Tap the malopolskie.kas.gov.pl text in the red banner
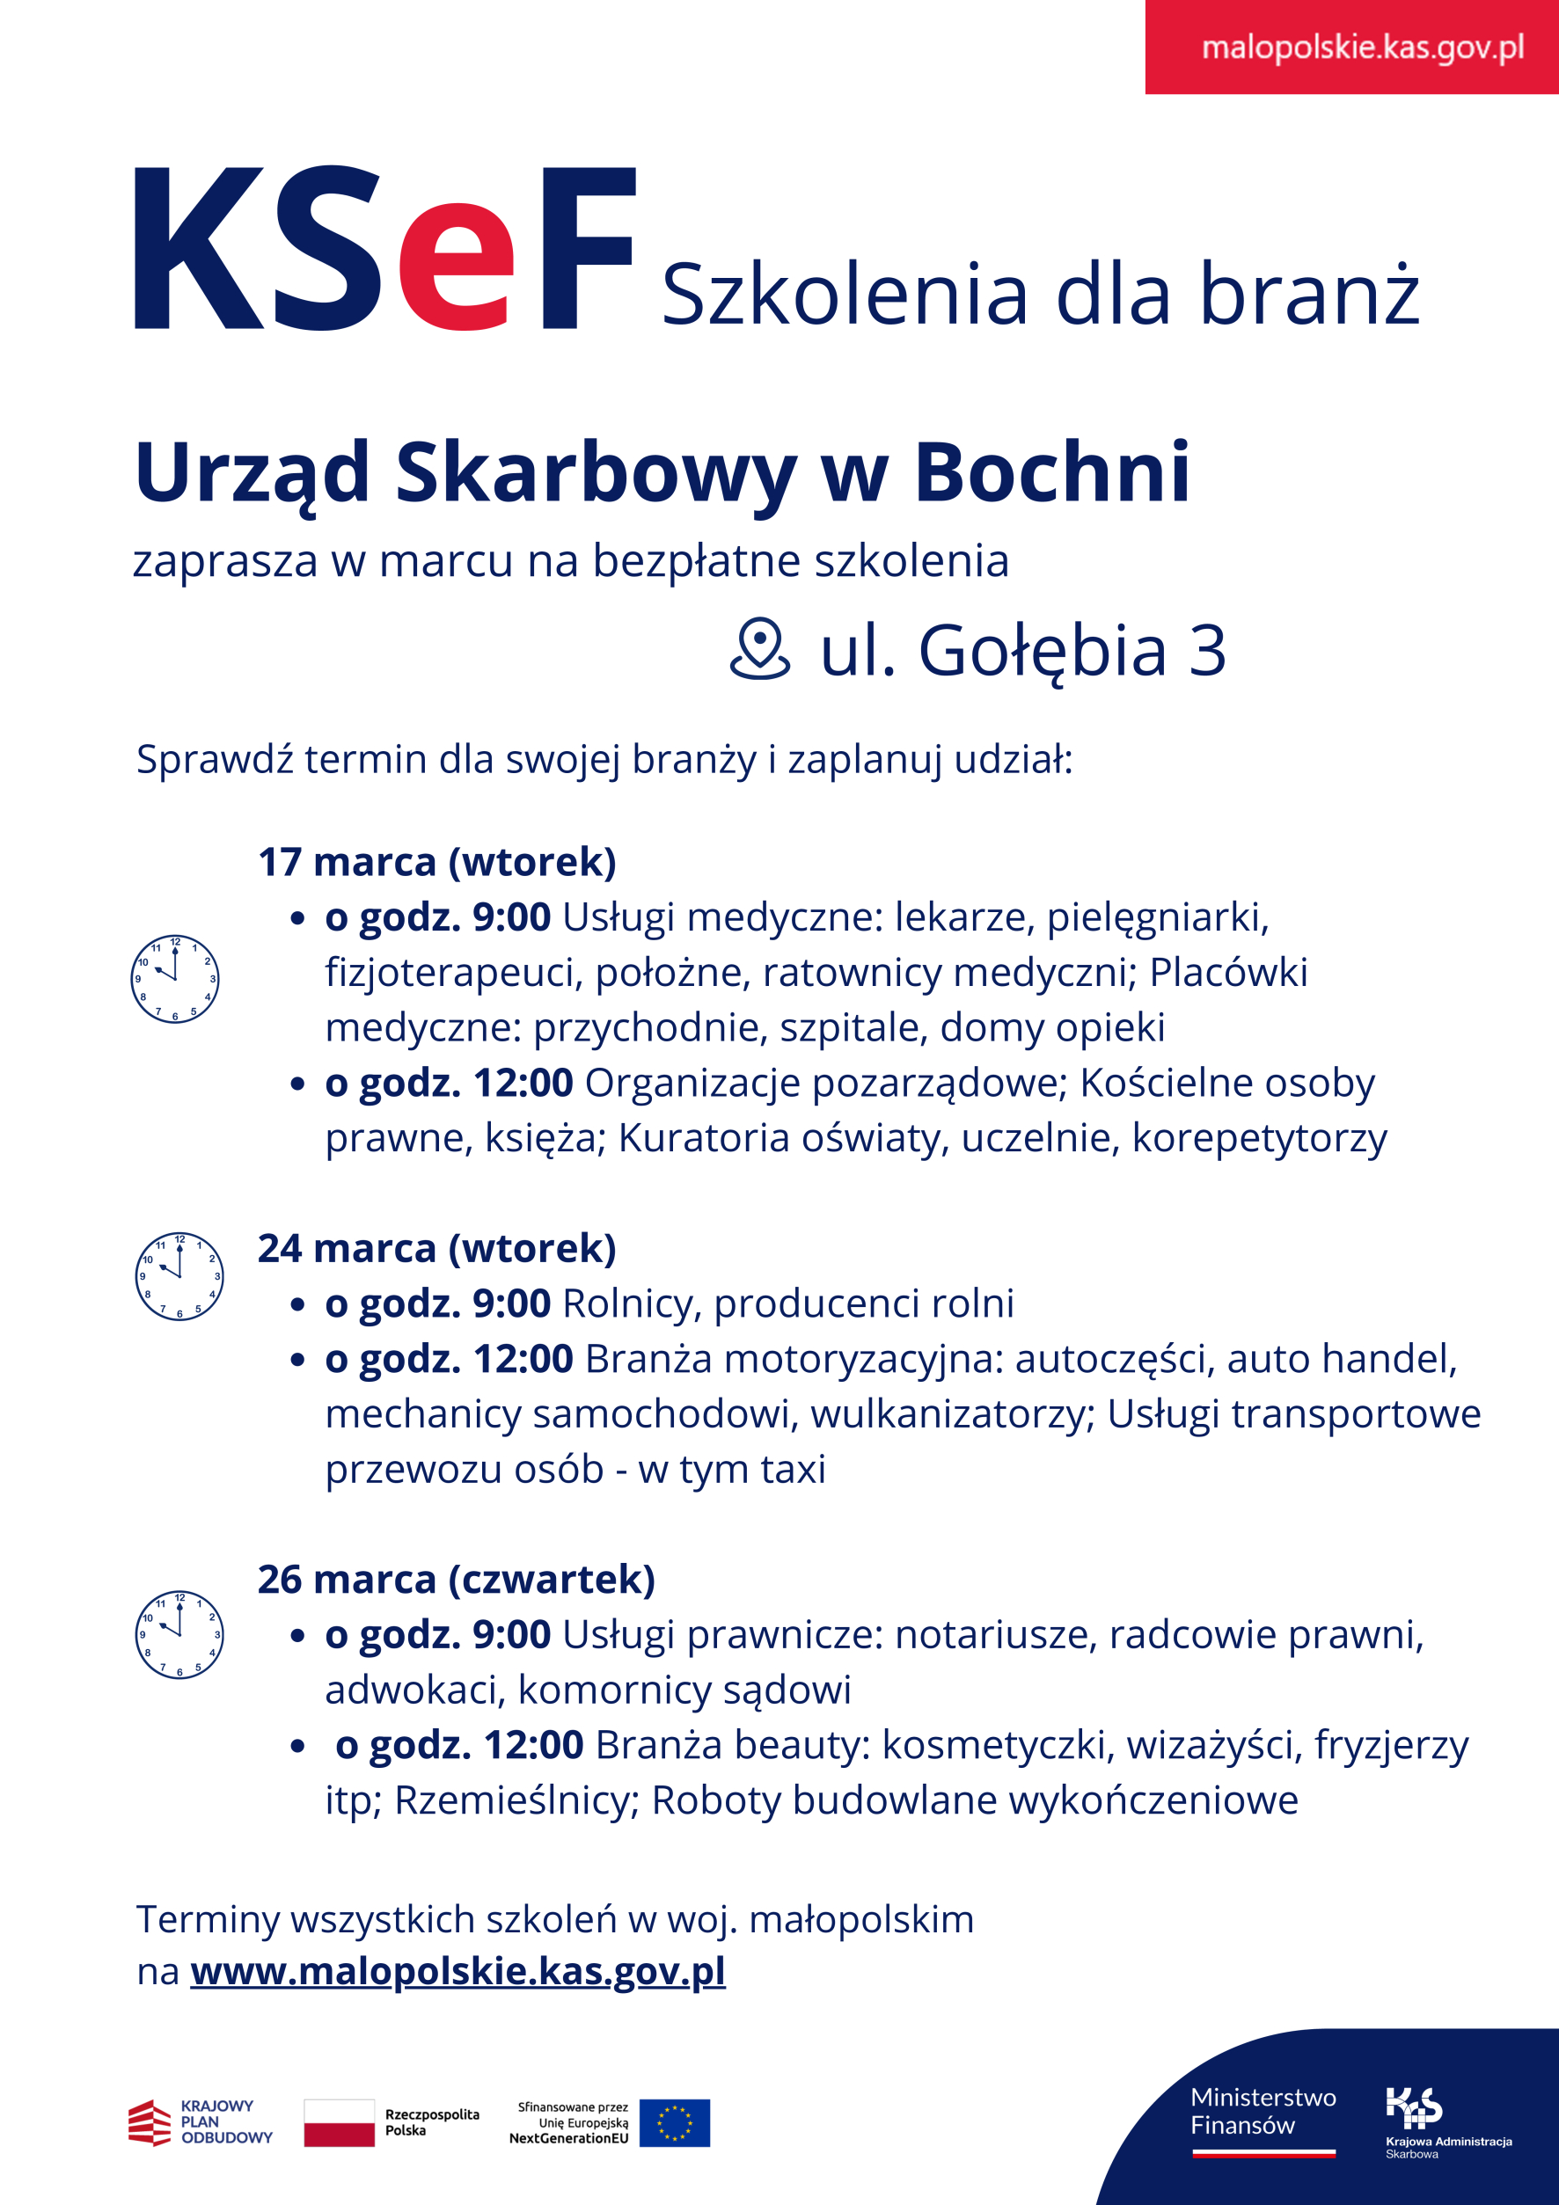pos(1362,47)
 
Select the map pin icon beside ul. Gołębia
pos(760,649)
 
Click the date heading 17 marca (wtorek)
pos(437,861)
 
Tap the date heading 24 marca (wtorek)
pos(437,1247)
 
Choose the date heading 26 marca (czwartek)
pos(457,1579)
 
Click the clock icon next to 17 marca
pos(175,978)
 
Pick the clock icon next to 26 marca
pos(179,1633)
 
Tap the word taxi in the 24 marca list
pos(794,1469)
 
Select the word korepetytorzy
pos(1259,1138)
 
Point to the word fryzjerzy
pos(1391,1745)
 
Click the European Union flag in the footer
pos(674,2121)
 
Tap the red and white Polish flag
pos(339,2121)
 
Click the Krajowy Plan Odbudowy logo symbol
pos(149,2121)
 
